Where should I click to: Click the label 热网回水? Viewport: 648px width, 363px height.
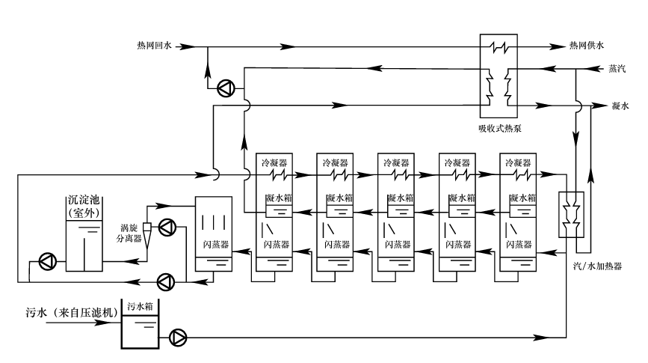tap(155, 46)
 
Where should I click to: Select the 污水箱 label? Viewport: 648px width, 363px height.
tap(139, 306)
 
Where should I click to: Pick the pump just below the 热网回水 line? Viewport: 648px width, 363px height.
tap(225, 89)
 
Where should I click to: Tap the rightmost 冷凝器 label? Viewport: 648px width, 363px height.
tap(518, 162)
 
